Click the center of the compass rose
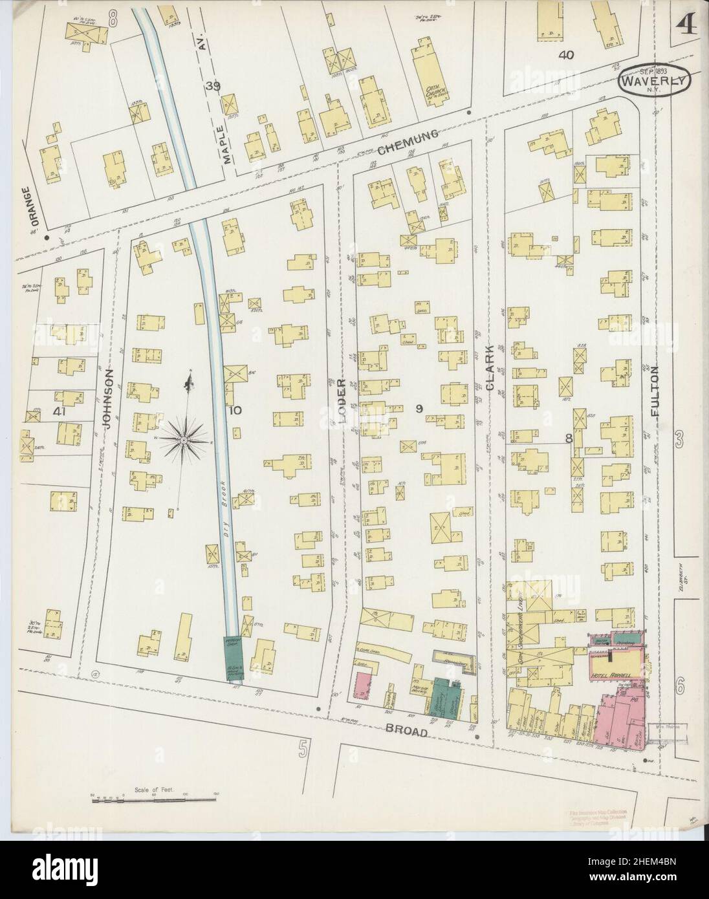point(184,440)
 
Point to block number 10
point(234,410)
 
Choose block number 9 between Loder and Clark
point(419,408)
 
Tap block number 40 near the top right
point(566,55)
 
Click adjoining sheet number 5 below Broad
point(302,750)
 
